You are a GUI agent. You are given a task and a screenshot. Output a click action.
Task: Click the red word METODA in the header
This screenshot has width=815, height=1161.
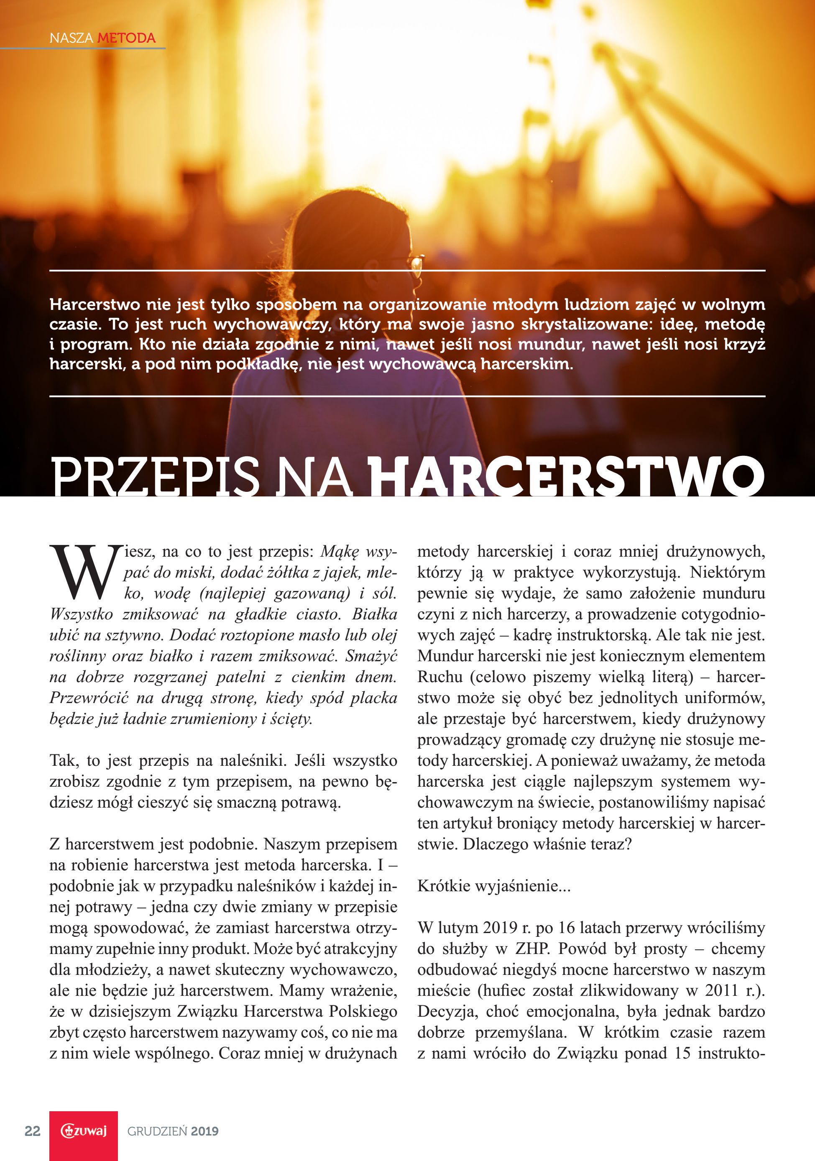point(126,38)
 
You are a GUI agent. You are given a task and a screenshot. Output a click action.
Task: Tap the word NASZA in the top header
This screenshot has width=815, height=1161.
point(71,38)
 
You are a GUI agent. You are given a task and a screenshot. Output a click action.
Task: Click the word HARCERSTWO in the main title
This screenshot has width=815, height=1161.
point(567,476)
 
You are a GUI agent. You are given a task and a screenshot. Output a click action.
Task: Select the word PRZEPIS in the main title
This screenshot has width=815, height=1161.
point(155,476)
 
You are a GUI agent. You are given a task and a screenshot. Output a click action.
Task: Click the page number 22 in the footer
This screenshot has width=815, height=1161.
point(32,1131)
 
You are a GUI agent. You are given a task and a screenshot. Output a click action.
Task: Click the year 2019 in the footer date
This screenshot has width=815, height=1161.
point(205,1132)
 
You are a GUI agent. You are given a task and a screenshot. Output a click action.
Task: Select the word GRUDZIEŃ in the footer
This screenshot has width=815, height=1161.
point(157,1132)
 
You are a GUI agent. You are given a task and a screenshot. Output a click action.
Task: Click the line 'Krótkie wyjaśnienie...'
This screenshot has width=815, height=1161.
point(493,886)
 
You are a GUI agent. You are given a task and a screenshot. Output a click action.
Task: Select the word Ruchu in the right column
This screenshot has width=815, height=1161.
point(440,677)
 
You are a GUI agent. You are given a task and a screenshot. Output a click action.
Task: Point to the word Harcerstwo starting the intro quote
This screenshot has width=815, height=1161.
point(95,304)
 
